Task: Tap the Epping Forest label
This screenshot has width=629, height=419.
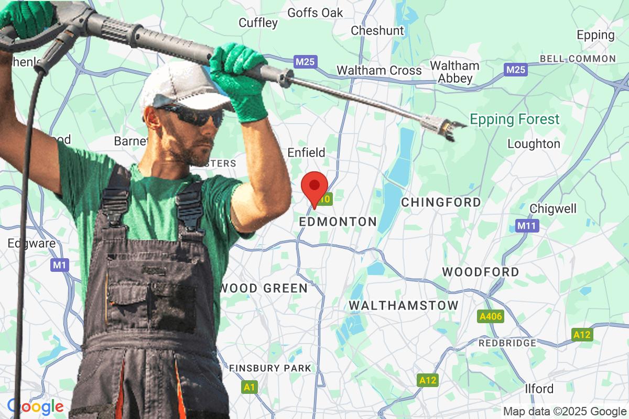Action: (x=514, y=119)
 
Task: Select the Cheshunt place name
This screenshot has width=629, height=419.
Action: (x=377, y=30)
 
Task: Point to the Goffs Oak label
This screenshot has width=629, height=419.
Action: (x=315, y=12)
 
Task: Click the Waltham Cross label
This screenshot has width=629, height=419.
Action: (x=378, y=70)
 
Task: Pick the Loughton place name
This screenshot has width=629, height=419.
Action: (x=534, y=144)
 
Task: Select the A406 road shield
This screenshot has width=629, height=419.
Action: (x=491, y=316)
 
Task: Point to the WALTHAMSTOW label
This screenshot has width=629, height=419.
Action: (x=403, y=305)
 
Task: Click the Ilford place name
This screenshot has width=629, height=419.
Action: (x=539, y=389)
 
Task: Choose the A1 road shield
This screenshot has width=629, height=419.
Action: (x=250, y=387)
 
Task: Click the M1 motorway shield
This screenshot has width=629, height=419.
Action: (x=60, y=265)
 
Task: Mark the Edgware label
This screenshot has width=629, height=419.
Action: (x=31, y=243)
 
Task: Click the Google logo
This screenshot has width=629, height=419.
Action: (x=35, y=406)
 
